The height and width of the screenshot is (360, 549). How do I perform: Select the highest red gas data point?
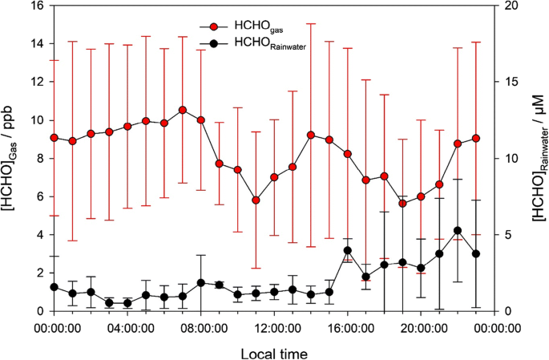(183, 110)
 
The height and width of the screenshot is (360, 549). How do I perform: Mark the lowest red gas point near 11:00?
(256, 200)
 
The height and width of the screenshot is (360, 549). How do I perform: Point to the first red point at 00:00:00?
(54, 138)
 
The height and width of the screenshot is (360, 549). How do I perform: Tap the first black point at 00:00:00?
(54, 287)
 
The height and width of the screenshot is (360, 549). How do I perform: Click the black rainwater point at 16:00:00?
(348, 251)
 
